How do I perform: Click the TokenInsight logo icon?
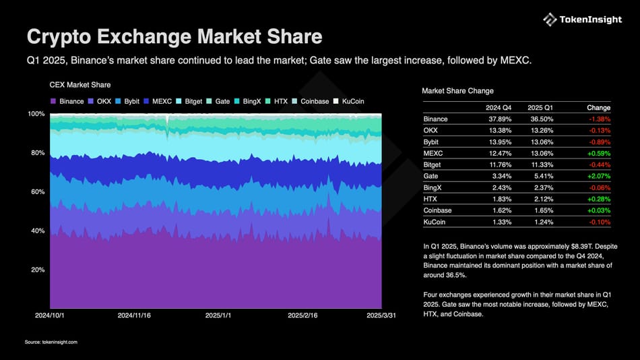pos(550,20)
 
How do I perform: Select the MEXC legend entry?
pos(158,101)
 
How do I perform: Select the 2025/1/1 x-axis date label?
pos(220,315)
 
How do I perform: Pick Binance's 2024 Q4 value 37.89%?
pos(499,119)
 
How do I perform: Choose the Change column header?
pos(598,108)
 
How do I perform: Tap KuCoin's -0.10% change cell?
pos(598,222)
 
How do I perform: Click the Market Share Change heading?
pos(457,90)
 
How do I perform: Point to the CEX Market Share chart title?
pos(80,85)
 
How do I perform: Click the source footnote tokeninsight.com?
pos(51,342)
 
